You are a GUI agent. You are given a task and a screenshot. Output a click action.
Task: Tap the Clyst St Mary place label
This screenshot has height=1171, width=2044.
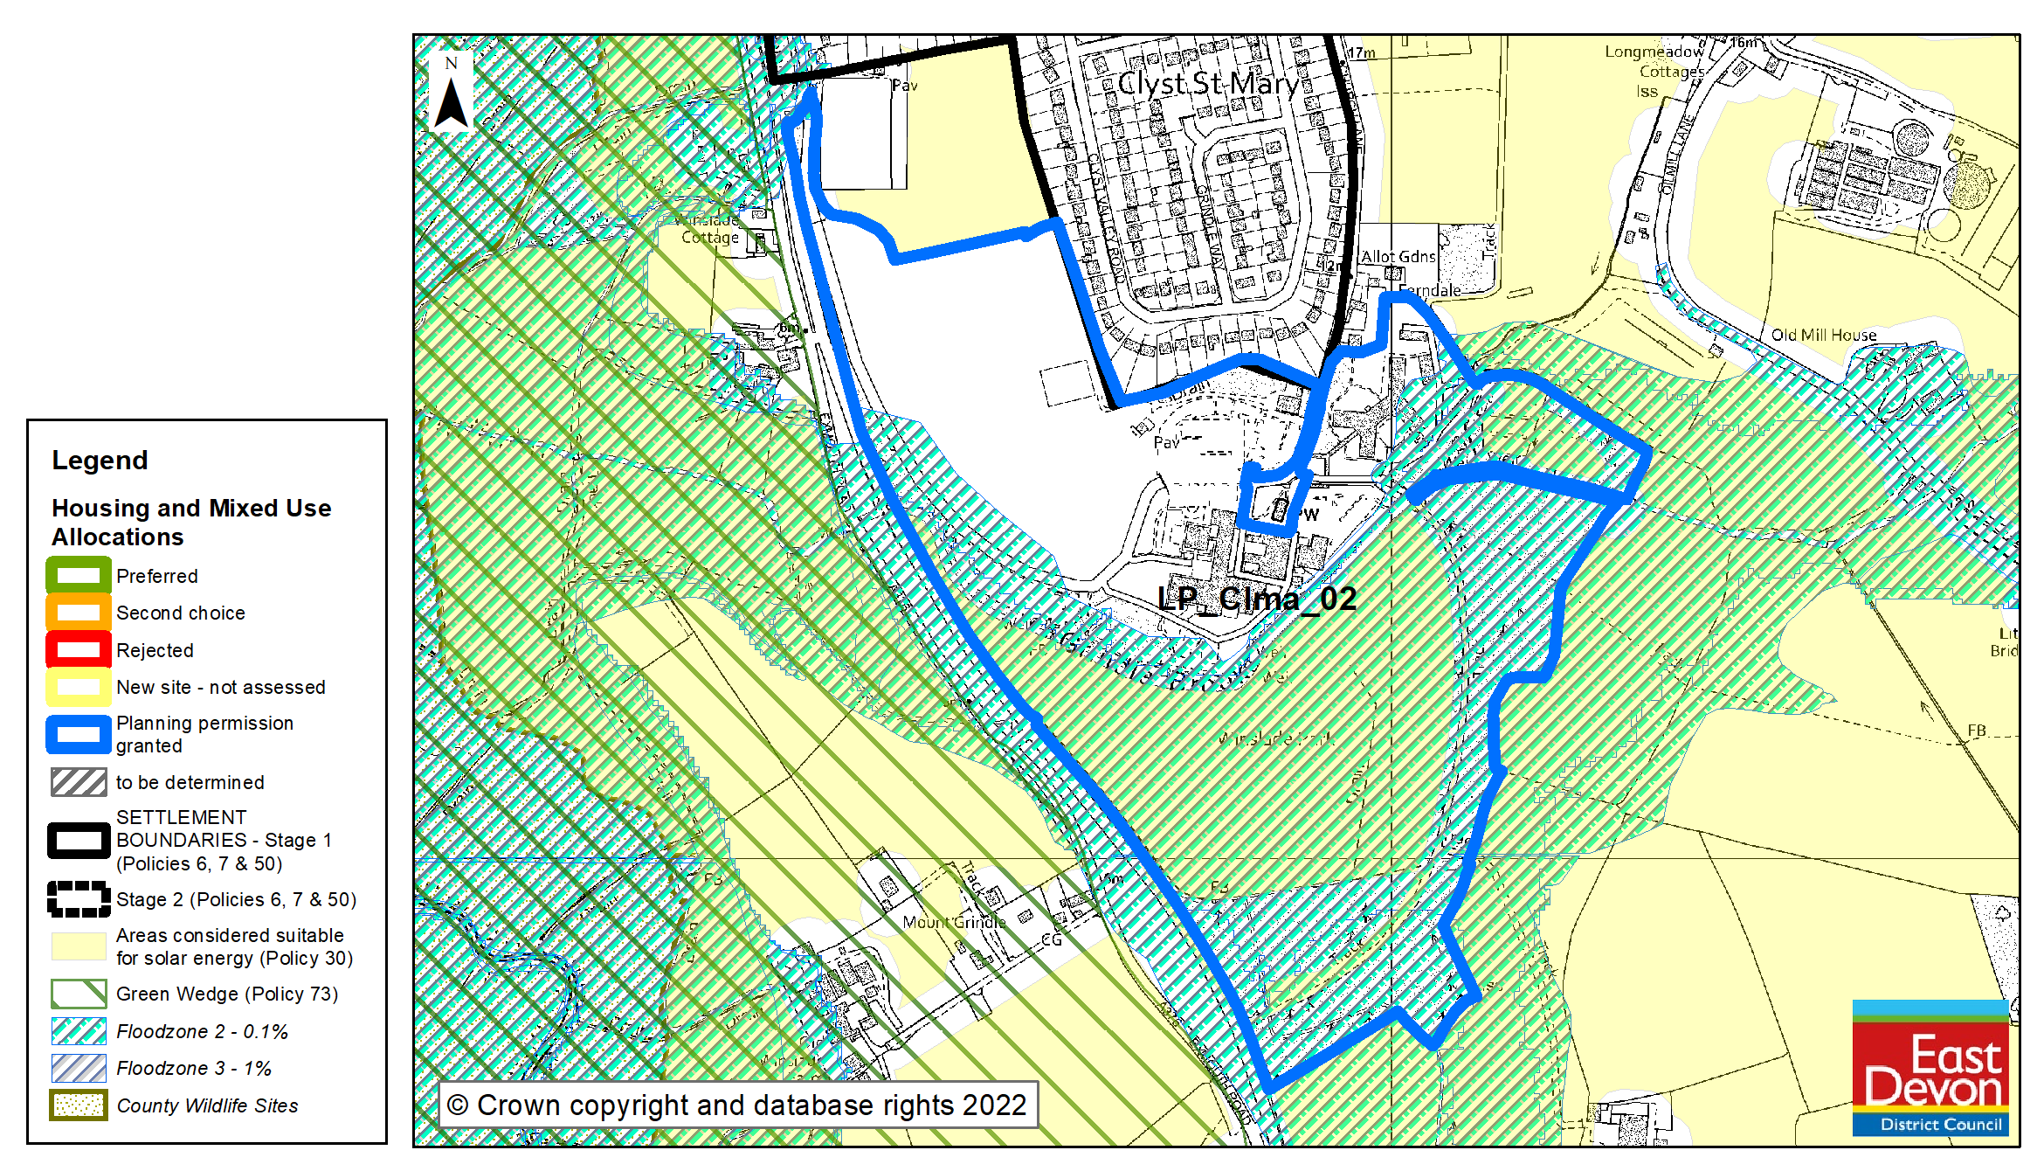[x=1209, y=84]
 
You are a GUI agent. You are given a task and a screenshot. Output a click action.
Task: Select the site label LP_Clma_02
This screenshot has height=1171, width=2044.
[x=1257, y=599]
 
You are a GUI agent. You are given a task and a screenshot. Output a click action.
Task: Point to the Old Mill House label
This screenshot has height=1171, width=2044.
[x=1824, y=335]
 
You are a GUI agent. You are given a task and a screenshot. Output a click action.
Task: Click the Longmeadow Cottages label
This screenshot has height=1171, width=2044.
[x=1654, y=61]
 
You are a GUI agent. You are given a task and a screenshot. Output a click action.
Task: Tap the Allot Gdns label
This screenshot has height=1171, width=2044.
[x=1398, y=256]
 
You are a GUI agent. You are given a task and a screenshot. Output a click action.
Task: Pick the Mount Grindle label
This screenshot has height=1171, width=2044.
[x=954, y=922]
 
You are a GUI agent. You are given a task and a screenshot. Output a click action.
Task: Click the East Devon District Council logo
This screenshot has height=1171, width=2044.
[x=1930, y=1068]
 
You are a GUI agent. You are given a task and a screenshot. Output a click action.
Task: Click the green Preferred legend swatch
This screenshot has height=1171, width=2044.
[x=79, y=576]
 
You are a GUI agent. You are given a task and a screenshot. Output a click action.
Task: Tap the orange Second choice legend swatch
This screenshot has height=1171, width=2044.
[x=79, y=613]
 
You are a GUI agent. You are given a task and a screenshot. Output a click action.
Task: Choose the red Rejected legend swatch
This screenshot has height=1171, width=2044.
[x=79, y=650]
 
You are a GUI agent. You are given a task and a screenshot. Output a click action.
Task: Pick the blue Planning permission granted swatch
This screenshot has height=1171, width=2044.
[x=79, y=734]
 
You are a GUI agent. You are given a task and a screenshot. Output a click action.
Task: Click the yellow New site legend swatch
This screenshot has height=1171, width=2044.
[x=79, y=687]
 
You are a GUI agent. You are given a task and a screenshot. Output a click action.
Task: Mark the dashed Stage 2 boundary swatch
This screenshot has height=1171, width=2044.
[x=79, y=899]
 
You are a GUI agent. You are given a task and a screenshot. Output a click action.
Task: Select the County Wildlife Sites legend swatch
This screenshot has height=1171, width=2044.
[x=79, y=1105]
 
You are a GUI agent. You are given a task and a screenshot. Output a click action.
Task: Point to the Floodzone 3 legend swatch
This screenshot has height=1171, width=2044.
[x=79, y=1068]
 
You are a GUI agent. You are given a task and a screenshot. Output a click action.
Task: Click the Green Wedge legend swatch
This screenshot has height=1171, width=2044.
[x=79, y=994]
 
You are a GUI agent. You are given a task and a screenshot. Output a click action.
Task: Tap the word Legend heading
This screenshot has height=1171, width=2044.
[x=100, y=461]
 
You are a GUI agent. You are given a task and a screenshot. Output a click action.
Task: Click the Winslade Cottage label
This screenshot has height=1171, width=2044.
[x=709, y=229]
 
